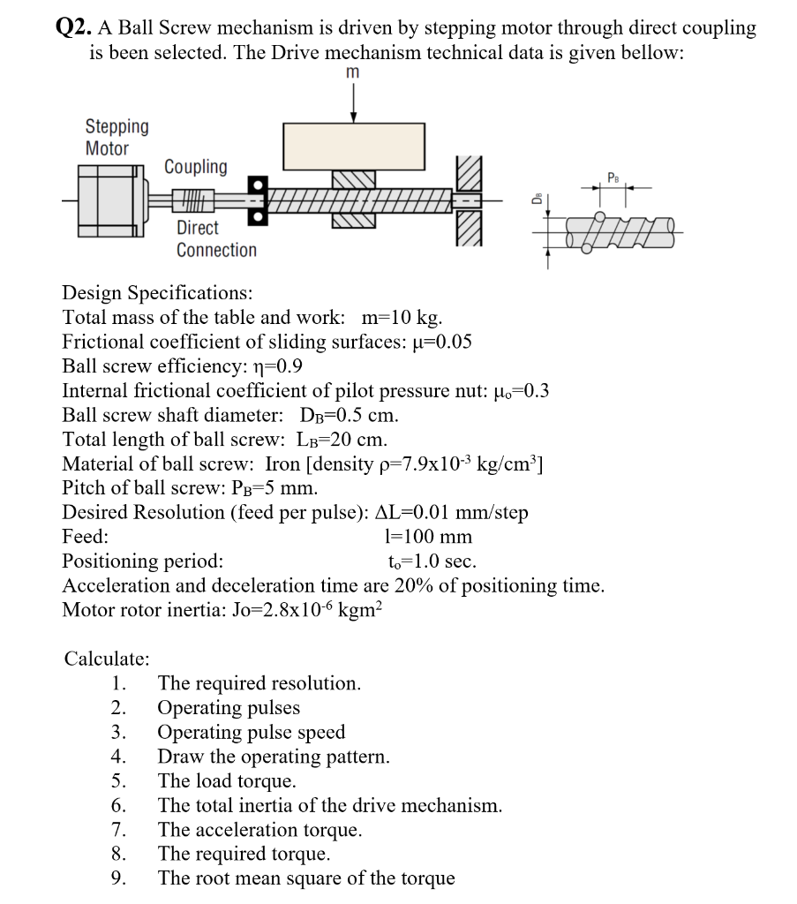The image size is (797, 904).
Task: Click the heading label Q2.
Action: pos(73,28)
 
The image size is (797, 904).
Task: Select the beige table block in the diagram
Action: pos(353,145)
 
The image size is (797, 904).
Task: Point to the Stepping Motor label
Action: pos(117,138)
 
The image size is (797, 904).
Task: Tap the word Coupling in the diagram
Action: pos(195,167)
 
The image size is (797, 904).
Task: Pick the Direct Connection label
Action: pos(216,238)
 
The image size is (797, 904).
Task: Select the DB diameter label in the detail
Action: pos(536,200)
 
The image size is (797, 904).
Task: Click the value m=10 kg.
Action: pos(402,317)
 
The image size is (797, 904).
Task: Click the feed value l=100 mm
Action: pos(429,537)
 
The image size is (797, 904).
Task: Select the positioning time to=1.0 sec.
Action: pos(432,561)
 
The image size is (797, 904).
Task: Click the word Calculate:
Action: pos(107,659)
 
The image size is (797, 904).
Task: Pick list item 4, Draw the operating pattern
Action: pos(273,757)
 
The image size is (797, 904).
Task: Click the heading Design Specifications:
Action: pos(157,292)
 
